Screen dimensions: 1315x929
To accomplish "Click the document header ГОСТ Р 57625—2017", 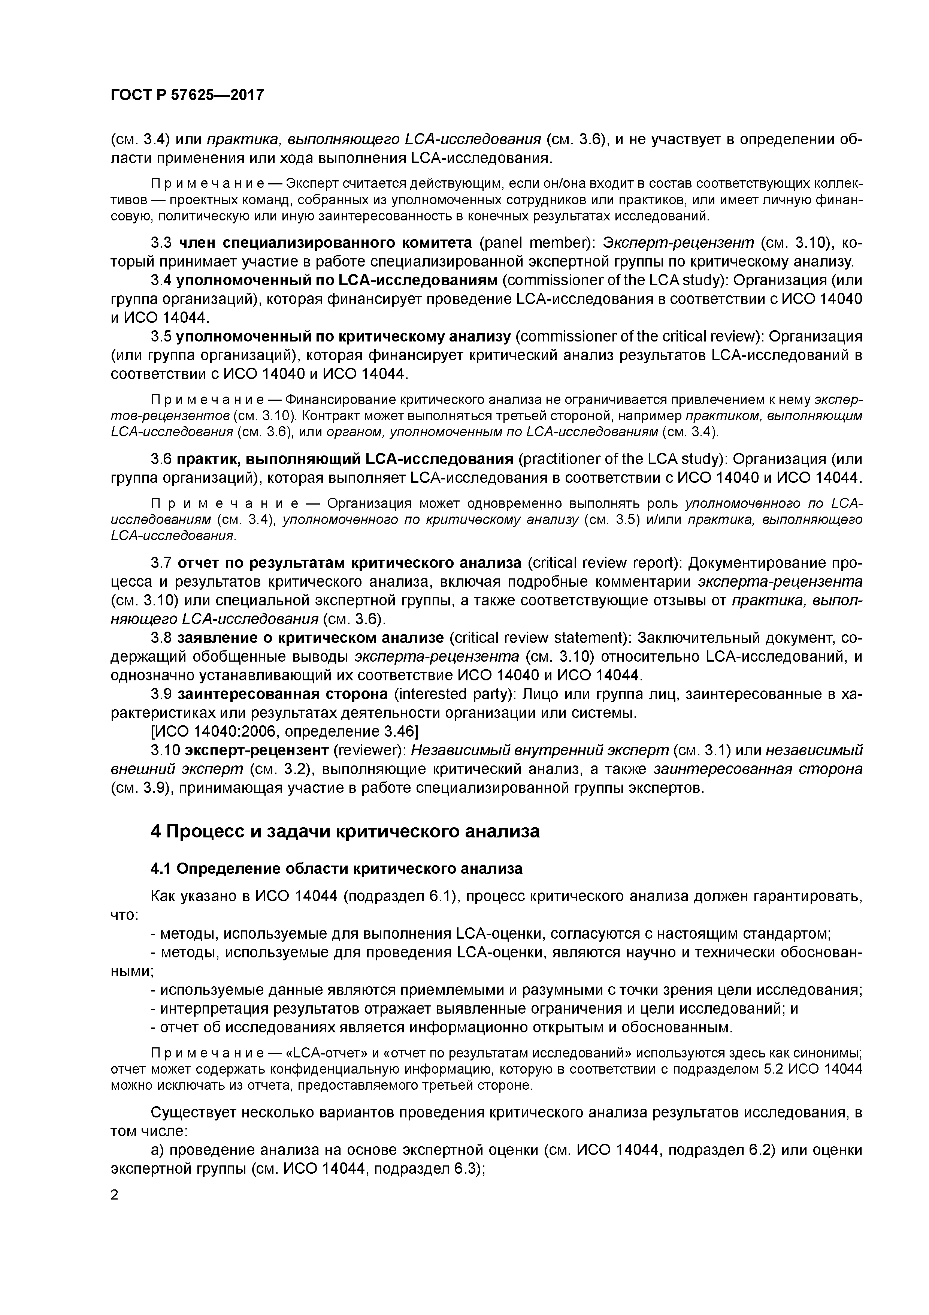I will point(187,95).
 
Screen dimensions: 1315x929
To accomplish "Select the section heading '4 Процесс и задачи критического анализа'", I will point(345,831).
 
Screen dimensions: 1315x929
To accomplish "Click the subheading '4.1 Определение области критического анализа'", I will point(336,869).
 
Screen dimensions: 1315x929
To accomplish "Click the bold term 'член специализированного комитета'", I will point(326,243).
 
